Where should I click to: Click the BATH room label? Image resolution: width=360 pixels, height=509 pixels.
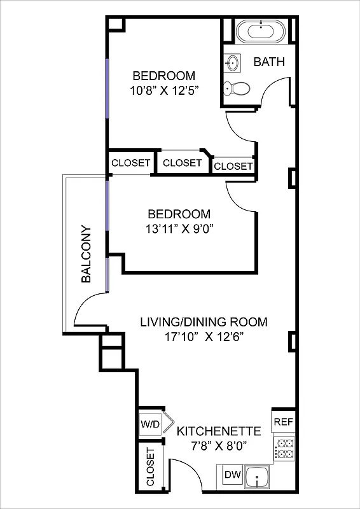(x=268, y=62)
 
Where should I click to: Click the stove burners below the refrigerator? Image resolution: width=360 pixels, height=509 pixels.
(x=283, y=449)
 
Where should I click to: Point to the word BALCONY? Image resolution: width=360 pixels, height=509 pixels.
(x=87, y=254)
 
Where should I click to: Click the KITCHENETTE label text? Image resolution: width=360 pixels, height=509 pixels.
(x=218, y=431)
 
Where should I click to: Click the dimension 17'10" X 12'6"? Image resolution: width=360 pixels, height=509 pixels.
(x=203, y=337)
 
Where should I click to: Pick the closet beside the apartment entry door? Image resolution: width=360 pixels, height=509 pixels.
(x=151, y=468)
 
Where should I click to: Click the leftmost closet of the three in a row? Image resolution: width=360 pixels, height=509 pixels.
(x=131, y=163)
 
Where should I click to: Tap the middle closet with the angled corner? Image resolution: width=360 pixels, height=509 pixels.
(x=182, y=163)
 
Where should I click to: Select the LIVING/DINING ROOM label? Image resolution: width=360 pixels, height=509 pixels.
(x=204, y=322)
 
